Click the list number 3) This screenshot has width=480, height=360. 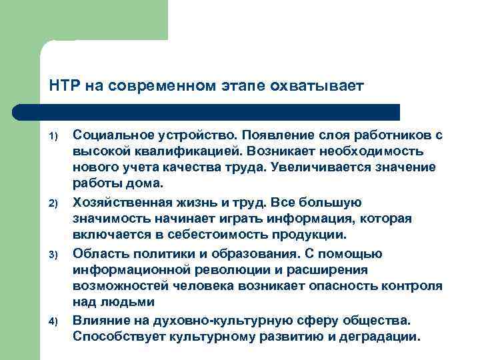click(x=56, y=255)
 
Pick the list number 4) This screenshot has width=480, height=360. click(x=56, y=323)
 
